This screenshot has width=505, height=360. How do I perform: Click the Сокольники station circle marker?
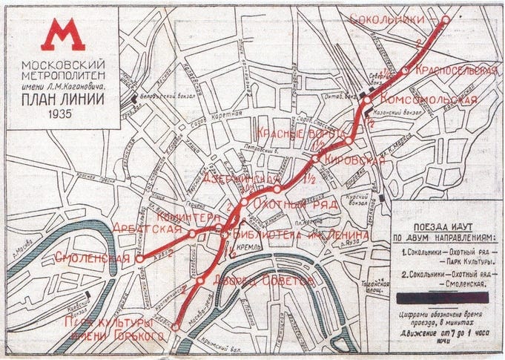pyautogui.click(x=444, y=19)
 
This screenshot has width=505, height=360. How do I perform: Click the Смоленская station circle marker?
pyautogui.click(x=139, y=258)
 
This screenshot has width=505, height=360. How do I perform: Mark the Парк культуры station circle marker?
pyautogui.click(x=176, y=327)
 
